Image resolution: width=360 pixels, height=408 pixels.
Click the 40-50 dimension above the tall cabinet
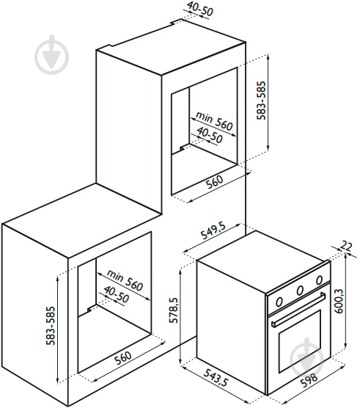point(200,8)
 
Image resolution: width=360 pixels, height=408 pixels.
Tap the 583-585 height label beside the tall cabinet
point(261,101)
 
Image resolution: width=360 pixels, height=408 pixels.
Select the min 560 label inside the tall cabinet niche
point(214,121)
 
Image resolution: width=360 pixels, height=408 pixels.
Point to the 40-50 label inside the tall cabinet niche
point(210,135)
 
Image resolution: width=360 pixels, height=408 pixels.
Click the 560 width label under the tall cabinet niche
point(214,182)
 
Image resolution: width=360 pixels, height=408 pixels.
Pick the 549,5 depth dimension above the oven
point(213,230)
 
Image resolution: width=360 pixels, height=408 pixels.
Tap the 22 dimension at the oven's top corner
point(346,246)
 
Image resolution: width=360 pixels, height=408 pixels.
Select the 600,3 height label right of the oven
point(339,301)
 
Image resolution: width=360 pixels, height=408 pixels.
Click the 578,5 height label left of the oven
point(173,310)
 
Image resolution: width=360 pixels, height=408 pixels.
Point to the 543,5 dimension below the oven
point(216,378)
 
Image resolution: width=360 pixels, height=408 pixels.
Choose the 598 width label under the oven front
point(309,381)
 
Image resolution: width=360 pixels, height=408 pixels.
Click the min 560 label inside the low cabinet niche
point(125,280)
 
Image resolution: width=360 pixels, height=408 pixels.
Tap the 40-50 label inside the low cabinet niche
point(116,294)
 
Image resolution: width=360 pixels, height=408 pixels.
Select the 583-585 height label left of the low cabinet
point(51,326)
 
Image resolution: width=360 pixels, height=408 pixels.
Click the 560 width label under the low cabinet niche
point(123,358)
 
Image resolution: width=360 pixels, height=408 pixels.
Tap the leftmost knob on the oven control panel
point(279,302)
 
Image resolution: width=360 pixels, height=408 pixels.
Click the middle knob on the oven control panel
point(300,291)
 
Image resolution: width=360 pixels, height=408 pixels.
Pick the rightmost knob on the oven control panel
point(319,280)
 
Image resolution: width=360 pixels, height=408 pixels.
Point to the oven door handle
point(298,310)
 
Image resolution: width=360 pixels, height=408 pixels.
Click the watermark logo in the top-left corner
point(52,54)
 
